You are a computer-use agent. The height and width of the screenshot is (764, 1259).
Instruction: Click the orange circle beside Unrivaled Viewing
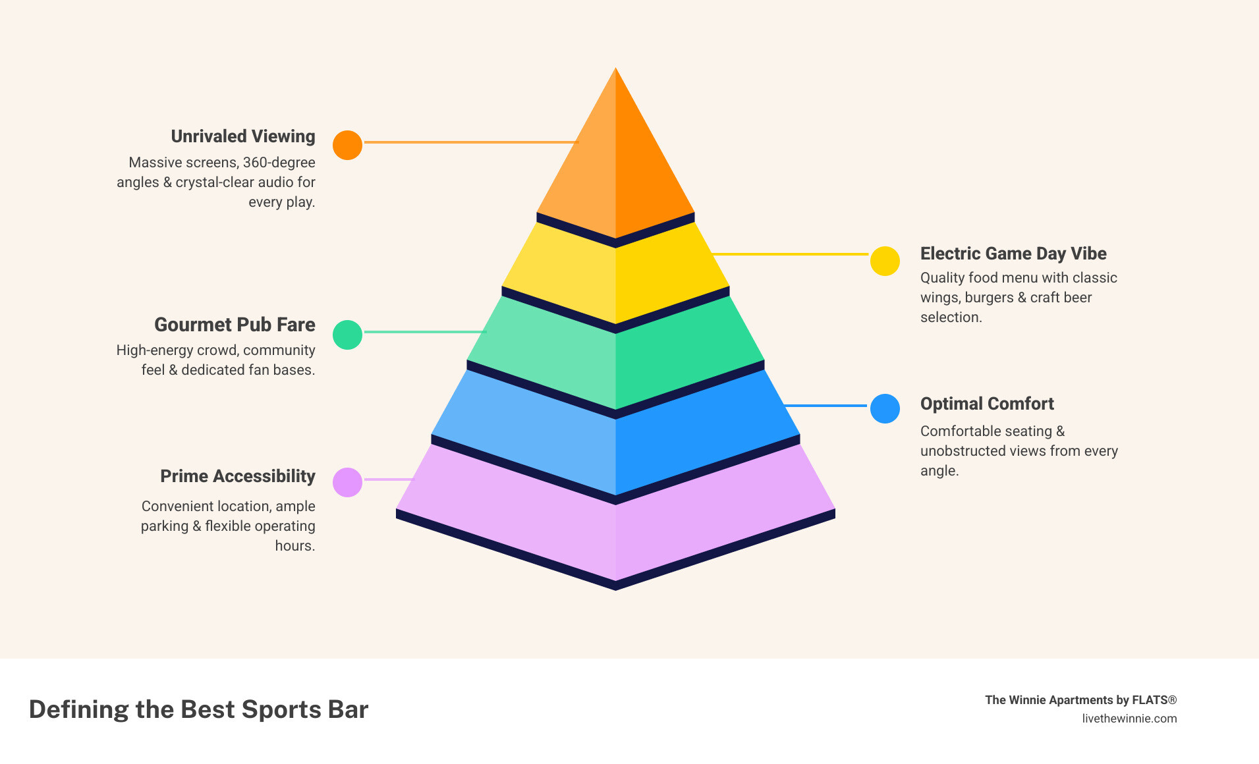click(347, 145)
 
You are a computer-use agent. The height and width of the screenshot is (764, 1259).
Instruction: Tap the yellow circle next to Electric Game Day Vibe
click(885, 261)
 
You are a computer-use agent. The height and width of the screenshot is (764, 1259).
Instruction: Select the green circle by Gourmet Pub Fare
click(347, 335)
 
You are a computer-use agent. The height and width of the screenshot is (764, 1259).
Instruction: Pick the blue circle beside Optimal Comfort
click(885, 408)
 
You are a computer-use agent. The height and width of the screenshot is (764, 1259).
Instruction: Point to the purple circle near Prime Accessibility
click(347, 482)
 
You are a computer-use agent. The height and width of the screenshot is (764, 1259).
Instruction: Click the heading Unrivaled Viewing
click(243, 136)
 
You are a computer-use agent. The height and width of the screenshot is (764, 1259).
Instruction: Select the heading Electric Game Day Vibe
click(1013, 254)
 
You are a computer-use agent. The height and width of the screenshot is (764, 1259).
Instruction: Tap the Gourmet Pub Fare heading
click(235, 325)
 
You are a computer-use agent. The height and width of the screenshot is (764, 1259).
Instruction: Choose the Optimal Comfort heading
click(987, 404)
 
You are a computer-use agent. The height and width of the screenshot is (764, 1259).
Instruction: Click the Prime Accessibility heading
click(238, 476)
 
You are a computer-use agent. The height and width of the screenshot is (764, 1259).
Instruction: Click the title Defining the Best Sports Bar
click(198, 709)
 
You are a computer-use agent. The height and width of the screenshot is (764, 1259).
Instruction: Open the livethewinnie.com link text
click(1129, 719)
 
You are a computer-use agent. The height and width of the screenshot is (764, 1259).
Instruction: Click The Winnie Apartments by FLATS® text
click(1080, 700)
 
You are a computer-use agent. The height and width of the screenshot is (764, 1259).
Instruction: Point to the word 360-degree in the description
click(279, 163)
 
